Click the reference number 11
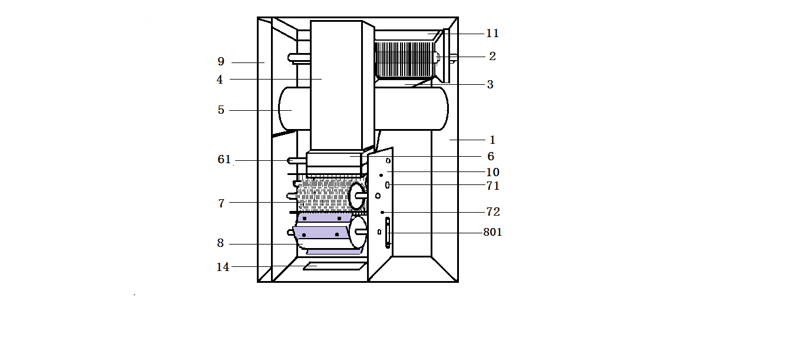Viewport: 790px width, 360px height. [492, 34]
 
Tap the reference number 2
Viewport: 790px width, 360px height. [492, 56]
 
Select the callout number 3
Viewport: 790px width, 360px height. [490, 85]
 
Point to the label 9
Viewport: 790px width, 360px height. [221, 62]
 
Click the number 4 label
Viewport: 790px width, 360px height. [220, 80]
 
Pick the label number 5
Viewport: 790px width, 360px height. [221, 110]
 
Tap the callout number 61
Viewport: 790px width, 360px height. [224, 159]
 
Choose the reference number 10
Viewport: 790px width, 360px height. [492, 172]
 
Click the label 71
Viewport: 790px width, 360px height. [492, 186]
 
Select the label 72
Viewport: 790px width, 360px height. [493, 212]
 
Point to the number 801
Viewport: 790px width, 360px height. [492, 232]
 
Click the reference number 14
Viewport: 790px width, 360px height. [223, 267]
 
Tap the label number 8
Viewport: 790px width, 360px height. [220, 243]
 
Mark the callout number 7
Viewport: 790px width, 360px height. [221, 203]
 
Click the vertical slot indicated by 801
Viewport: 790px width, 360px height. [388, 233]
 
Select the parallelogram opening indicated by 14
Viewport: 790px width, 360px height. [335, 266]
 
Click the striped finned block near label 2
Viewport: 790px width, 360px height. [405, 60]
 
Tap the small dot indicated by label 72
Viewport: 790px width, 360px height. [382, 212]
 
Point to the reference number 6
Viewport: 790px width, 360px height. [491, 156]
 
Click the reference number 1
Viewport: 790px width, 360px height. [492, 140]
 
